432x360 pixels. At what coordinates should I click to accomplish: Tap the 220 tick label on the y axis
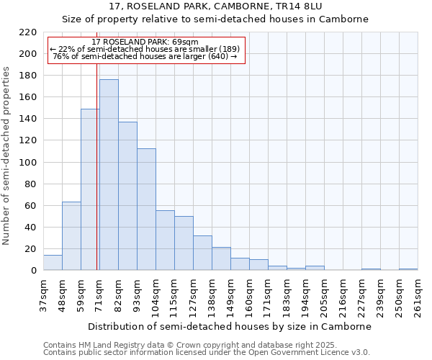[x=28, y=32]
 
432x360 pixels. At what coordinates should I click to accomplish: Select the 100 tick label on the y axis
[x=28, y=163]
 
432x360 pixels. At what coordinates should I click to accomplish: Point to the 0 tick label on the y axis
[x=34, y=271]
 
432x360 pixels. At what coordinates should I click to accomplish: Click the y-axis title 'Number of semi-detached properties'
[x=6, y=156]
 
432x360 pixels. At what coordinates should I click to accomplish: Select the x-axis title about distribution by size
[x=230, y=326]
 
